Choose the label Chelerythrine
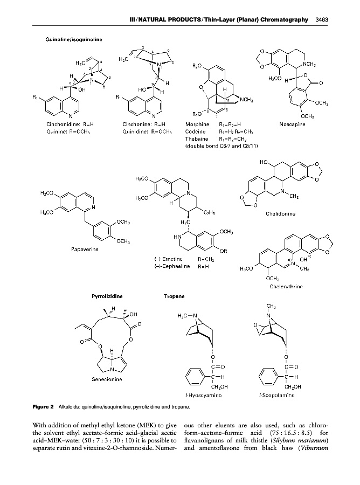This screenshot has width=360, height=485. tap(285, 286)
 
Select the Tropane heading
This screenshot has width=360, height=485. tap(174, 296)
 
